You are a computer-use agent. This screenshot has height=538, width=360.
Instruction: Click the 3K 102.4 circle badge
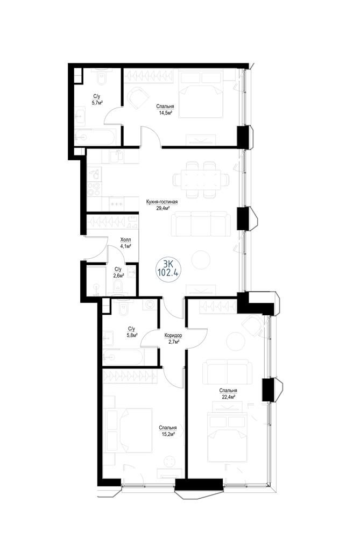(168, 268)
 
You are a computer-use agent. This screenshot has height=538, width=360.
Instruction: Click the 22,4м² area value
(228, 397)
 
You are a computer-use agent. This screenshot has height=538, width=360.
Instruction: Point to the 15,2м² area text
(167, 434)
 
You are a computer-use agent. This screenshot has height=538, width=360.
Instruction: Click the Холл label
(125, 240)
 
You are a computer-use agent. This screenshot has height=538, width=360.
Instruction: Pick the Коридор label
(173, 336)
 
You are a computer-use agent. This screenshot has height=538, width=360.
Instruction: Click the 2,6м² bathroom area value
(118, 275)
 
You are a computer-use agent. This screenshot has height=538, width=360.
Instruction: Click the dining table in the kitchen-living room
(202, 180)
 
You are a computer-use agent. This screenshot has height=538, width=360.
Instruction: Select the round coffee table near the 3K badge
(201, 260)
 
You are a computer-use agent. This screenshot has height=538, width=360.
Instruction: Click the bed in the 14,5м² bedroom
(202, 95)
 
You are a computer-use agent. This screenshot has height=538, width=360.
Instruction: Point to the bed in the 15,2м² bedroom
(129, 430)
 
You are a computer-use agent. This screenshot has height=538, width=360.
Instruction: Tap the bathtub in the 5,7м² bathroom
(96, 137)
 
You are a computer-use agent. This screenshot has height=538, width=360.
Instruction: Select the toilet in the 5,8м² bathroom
(123, 308)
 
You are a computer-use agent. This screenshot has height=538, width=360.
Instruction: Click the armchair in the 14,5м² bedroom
(138, 97)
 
